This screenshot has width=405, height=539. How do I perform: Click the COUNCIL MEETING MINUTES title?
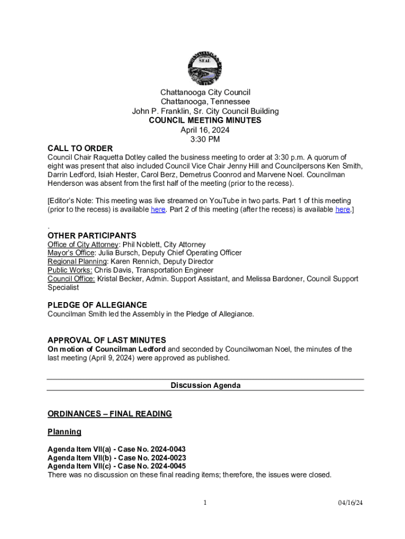(205, 121)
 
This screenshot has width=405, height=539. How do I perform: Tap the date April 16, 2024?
(205, 130)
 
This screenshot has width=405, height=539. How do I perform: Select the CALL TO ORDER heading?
(80, 148)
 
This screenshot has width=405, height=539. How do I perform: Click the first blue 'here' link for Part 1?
(158, 209)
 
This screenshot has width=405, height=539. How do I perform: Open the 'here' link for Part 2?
(342, 209)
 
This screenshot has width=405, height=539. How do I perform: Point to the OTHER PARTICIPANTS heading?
(92, 236)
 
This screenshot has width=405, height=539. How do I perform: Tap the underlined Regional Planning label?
(77, 262)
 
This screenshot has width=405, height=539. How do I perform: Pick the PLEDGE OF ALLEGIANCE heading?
(97, 305)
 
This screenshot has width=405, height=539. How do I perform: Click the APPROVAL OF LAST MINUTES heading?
(107, 340)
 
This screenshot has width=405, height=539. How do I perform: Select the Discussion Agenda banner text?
(205, 386)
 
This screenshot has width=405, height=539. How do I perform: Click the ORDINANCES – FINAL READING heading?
(109, 414)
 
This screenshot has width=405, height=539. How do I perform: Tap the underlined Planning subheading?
(65, 432)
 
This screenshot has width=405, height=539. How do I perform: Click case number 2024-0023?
(168, 458)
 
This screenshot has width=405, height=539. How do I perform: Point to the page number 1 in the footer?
(205, 503)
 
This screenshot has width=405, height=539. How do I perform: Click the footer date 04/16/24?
(350, 503)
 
